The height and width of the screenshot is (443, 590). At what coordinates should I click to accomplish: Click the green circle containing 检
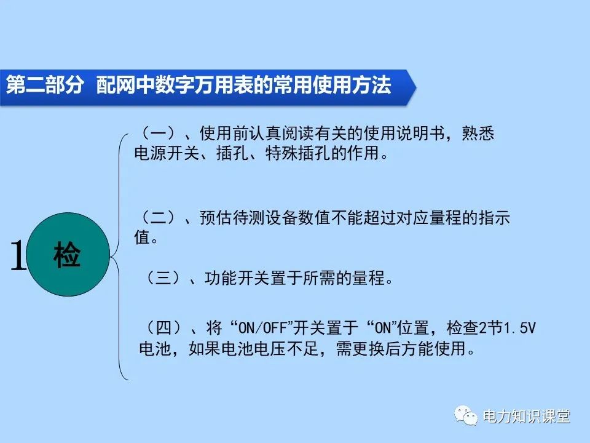(x=67, y=255)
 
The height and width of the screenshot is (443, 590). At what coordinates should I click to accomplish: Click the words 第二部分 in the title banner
(x=44, y=85)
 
